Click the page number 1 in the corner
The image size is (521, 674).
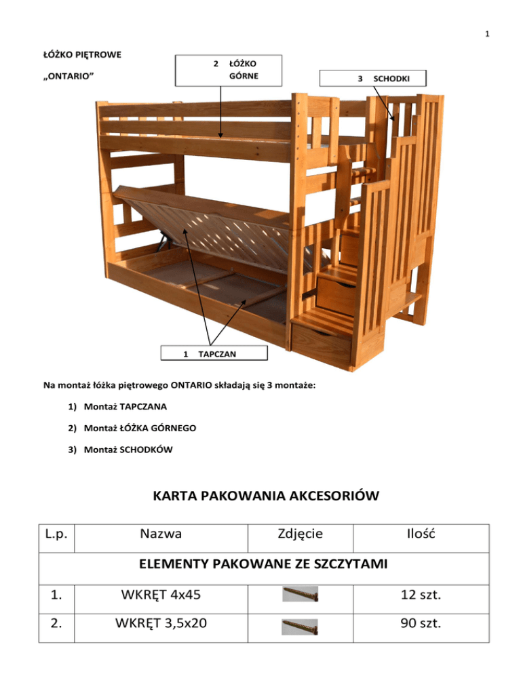(488, 35)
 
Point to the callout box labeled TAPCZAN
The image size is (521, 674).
(214, 353)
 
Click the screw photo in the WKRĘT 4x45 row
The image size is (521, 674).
(300, 595)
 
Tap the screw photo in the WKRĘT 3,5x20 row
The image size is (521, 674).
(300, 628)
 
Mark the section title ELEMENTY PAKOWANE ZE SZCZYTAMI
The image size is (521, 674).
(260, 565)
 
